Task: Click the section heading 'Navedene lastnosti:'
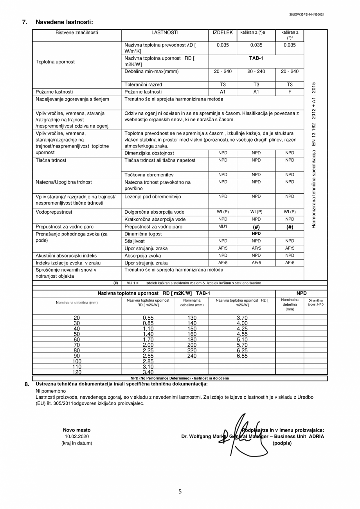point(64,22)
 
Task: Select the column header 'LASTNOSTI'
point(165,33)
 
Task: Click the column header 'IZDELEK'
point(223,33)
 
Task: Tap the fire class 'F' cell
point(290,92)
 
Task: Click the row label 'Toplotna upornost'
point(55,62)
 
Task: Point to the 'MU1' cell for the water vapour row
point(223,227)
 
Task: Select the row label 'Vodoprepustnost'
point(54,212)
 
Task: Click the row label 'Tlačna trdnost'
point(51,160)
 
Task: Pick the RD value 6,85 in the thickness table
point(242,356)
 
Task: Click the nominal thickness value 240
point(192,356)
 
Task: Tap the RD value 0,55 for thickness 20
point(148,318)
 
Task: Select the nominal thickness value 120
point(77,372)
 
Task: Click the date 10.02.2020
point(77,436)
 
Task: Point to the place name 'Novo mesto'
point(77,430)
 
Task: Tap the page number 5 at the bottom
point(180,492)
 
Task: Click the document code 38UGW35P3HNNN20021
point(306,14)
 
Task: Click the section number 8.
point(27,384)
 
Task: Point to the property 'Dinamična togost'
point(143,234)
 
